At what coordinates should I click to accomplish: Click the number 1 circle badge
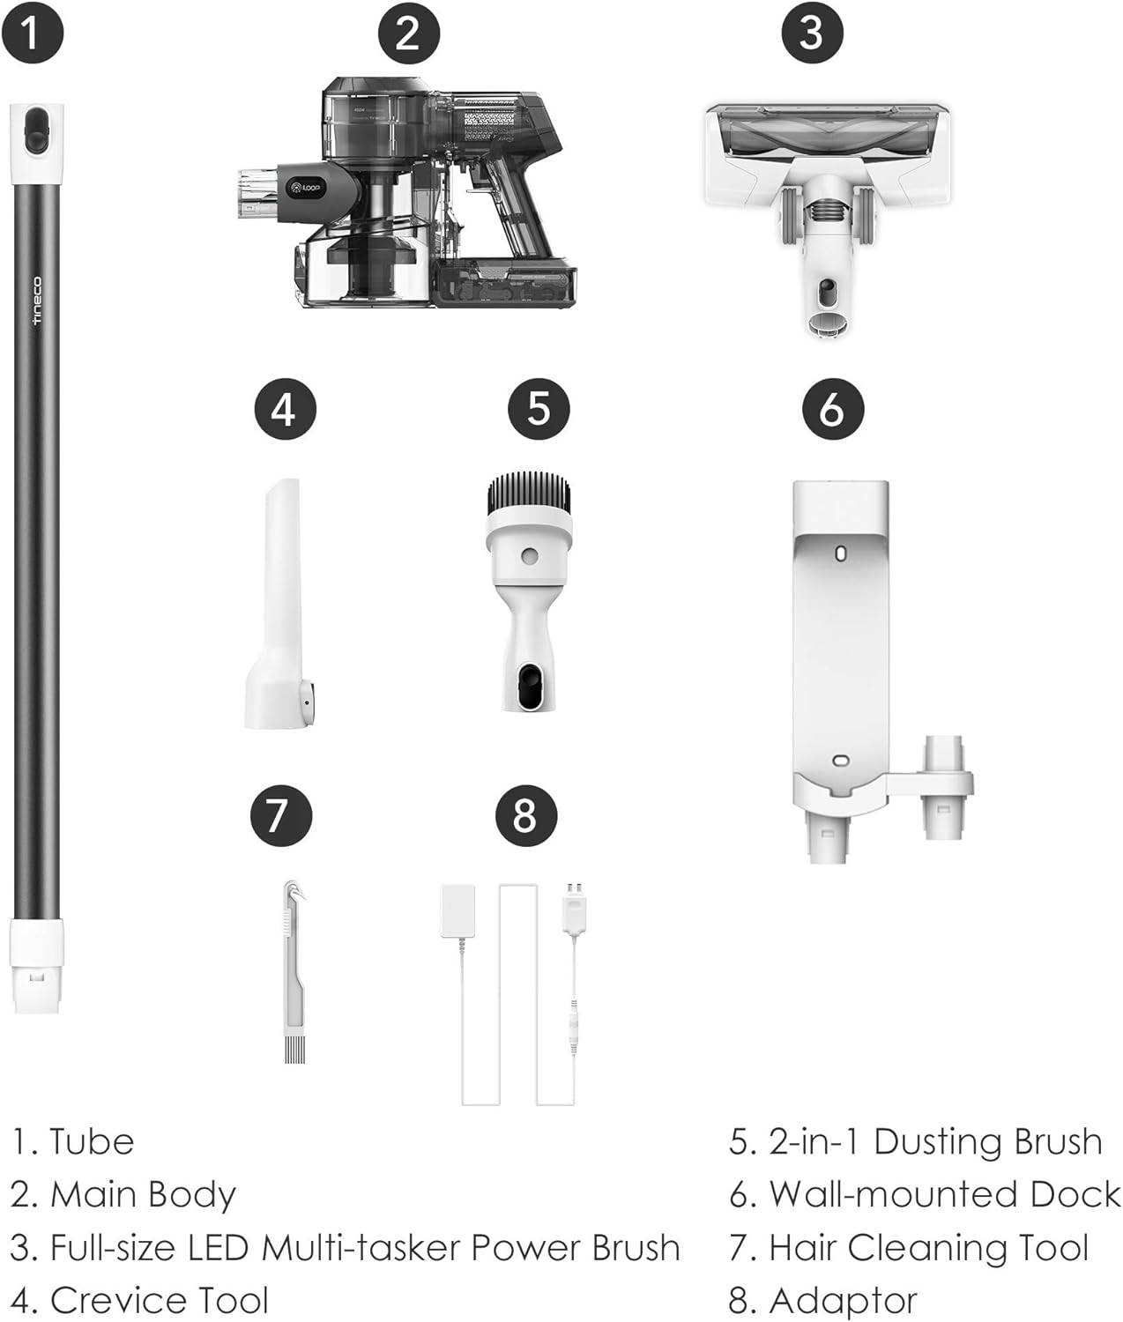[x=33, y=33]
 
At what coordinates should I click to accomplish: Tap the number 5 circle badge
[x=539, y=409]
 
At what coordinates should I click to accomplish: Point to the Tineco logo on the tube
[x=37, y=301]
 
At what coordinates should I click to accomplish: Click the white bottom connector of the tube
[x=36, y=965]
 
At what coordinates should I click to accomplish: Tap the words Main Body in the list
[x=143, y=1195]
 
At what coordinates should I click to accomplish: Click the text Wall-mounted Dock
[x=944, y=1195]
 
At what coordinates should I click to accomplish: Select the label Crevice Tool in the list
[x=159, y=1301]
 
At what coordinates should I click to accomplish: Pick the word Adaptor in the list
[x=842, y=1301]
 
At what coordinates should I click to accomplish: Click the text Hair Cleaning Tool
[x=928, y=1248]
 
